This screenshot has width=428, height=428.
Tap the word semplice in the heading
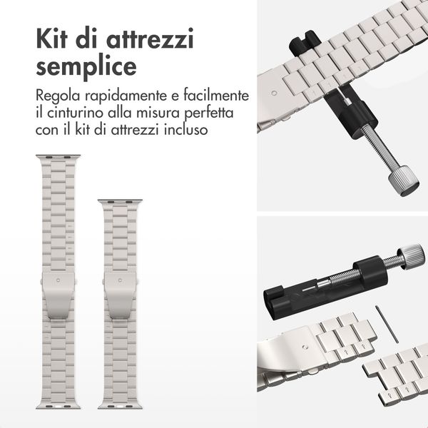point(86,67)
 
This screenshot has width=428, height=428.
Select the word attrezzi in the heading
point(150,39)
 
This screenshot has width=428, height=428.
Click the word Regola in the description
point(58,96)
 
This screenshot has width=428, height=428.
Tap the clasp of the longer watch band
point(58,295)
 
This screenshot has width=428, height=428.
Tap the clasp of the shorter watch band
point(120,295)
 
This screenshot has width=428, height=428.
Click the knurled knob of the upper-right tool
point(404,181)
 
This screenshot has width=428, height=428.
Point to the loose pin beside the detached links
point(387,324)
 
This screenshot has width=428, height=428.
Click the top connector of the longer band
point(58,158)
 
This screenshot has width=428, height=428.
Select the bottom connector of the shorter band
point(120,406)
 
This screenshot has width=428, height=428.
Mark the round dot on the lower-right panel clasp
point(305,347)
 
